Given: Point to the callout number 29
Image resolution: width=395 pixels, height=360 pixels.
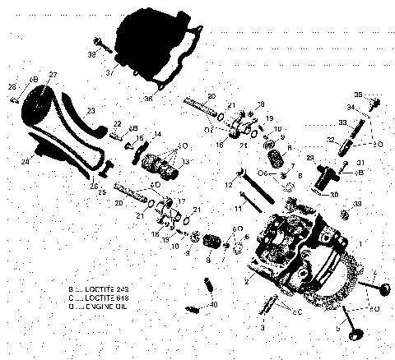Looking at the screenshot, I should pos(310,157).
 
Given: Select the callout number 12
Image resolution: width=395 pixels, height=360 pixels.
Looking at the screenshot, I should pos(230,187).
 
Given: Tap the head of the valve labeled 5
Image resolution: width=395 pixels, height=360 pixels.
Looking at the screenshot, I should pos(358,337).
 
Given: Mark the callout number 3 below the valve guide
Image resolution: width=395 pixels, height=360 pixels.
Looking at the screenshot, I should pos(263,326).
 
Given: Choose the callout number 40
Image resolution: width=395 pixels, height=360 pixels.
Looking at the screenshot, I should pos(215,304).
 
